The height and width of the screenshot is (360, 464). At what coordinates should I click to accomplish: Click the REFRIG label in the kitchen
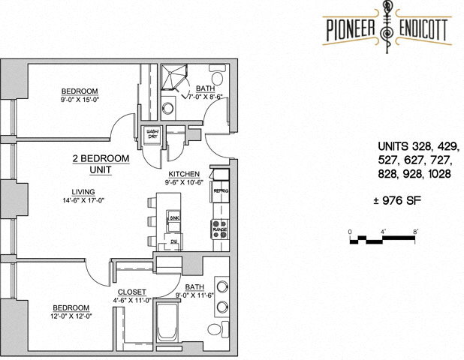[220, 191]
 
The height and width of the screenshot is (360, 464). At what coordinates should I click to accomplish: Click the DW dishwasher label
[173, 242]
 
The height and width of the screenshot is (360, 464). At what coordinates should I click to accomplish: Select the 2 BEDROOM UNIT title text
[101, 164]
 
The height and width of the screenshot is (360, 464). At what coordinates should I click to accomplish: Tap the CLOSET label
[132, 292]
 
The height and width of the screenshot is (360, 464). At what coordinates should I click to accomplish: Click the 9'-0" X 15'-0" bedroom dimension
[80, 98]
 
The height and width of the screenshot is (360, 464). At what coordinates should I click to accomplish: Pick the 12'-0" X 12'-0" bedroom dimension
[71, 316]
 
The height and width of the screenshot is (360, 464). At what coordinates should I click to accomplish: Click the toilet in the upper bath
[218, 76]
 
